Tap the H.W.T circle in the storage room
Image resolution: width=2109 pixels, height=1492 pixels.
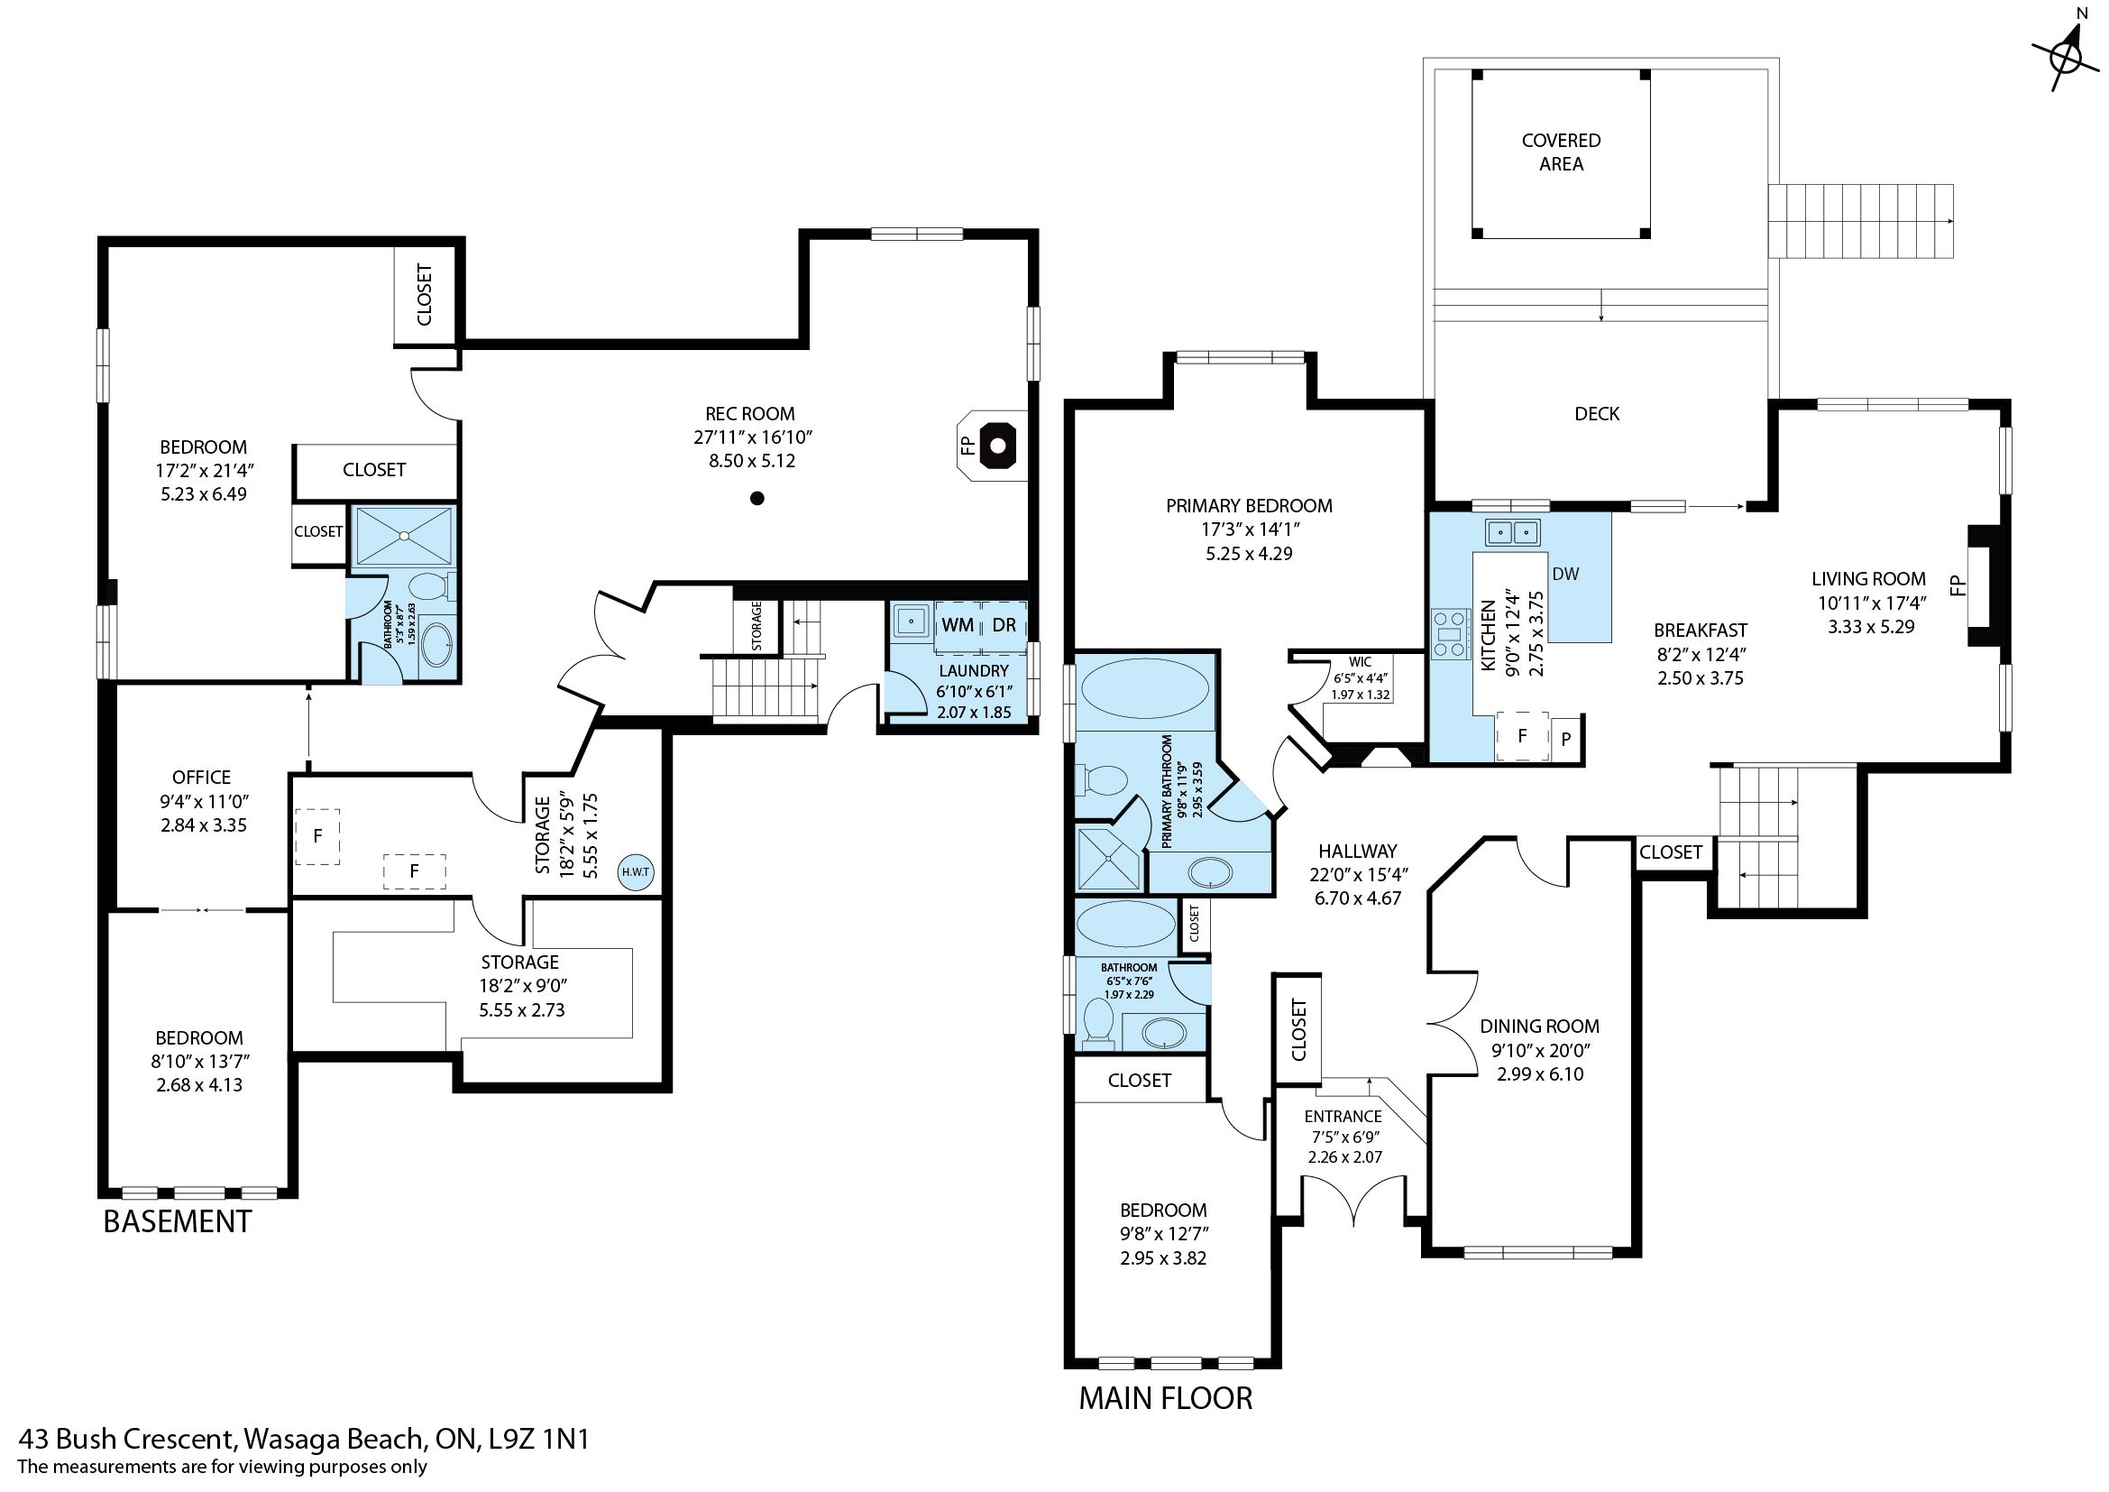(x=636, y=872)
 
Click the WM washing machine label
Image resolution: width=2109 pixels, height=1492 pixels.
(x=958, y=625)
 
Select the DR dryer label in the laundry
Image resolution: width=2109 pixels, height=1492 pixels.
(x=1004, y=625)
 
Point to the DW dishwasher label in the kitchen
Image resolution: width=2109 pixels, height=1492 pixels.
(x=1565, y=574)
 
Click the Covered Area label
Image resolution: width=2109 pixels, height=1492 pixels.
(x=1561, y=152)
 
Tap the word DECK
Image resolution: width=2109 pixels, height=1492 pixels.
(x=1597, y=413)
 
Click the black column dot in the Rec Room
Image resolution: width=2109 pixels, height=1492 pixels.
(x=756, y=498)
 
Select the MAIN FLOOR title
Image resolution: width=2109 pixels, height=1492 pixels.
(x=1165, y=1397)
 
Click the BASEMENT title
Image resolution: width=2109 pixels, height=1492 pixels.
(x=178, y=1221)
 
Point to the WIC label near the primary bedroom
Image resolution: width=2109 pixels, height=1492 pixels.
(x=1360, y=661)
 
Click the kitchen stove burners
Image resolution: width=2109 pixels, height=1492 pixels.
(x=1451, y=634)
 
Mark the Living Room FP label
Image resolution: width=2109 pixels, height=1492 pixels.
(x=1957, y=585)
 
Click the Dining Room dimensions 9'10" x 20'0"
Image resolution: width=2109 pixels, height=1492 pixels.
(x=1539, y=1050)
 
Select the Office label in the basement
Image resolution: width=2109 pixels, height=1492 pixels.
(x=201, y=778)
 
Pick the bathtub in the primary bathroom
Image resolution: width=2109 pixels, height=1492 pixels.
(x=1144, y=698)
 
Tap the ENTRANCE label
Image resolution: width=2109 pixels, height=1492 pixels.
(x=1343, y=1116)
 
